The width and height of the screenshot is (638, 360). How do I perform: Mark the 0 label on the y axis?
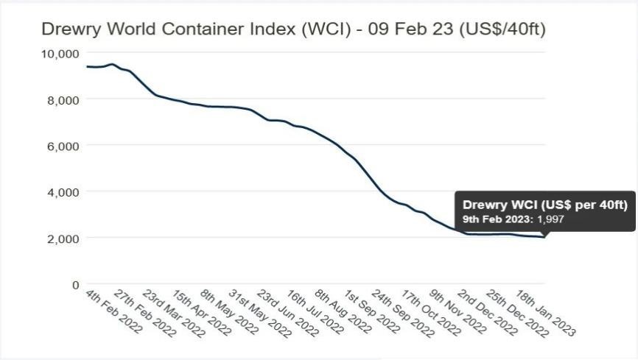pyautogui.click(x=75, y=285)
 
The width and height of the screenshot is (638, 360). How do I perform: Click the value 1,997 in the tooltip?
pyautogui.click(x=551, y=219)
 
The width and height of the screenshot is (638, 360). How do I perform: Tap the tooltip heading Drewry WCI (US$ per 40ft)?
pyautogui.click(x=544, y=205)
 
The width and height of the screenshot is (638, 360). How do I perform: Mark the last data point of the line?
pyautogui.click(x=544, y=237)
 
